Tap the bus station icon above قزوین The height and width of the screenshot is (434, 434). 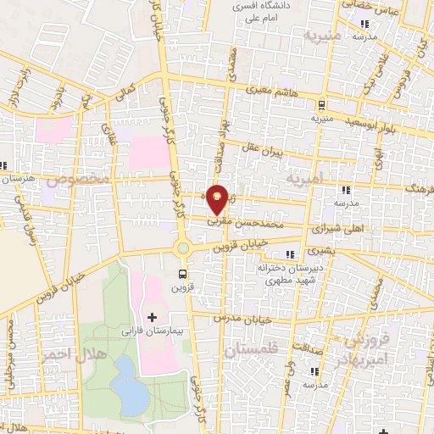(x=182, y=273)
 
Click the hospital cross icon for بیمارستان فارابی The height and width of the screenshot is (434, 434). (x=153, y=317)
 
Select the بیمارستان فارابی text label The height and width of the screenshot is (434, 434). (x=152, y=331)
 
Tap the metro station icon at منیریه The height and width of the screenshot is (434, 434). (x=321, y=105)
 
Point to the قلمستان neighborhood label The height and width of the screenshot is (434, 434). (x=255, y=349)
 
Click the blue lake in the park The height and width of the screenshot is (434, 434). (x=127, y=383)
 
